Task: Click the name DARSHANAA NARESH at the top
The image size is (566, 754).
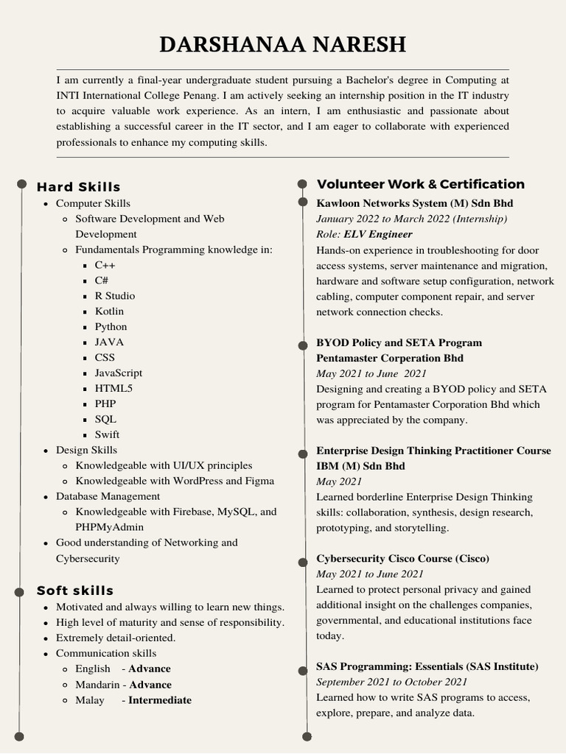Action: (283, 45)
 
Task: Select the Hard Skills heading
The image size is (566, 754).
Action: (78, 187)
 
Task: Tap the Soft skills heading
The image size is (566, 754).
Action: (75, 591)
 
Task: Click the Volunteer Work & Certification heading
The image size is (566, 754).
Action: (420, 184)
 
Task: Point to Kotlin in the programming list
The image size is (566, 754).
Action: (109, 311)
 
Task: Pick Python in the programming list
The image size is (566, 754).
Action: (111, 327)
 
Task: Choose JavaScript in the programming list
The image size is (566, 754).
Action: (119, 373)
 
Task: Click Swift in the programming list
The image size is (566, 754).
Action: (107, 435)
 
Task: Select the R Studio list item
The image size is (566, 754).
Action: (115, 296)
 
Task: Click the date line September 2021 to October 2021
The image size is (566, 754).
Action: (391, 683)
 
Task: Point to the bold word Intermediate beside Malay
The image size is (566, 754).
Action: (159, 700)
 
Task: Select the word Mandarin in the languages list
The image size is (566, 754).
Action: (96, 685)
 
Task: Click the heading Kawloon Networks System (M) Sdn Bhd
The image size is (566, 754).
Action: (414, 203)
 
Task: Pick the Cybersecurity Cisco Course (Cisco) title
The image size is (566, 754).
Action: (402, 559)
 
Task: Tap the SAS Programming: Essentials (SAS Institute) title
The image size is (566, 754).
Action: (427, 667)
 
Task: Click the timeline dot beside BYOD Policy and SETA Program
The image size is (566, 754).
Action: (302, 344)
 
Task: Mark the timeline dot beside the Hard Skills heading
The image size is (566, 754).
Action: (21, 183)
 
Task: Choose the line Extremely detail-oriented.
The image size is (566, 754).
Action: (116, 638)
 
